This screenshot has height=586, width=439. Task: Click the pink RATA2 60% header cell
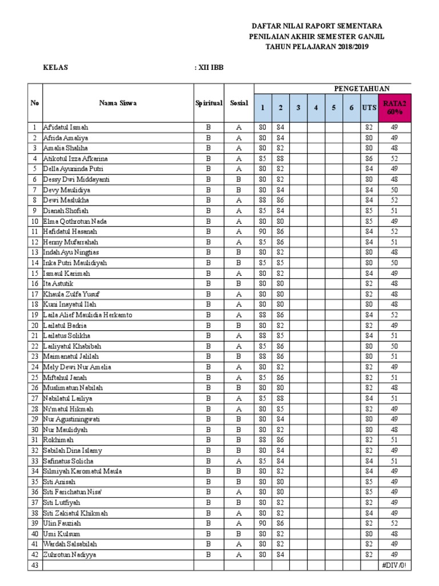tap(394, 107)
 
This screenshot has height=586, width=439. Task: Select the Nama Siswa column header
tap(117, 103)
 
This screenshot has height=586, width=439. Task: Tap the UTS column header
tap(369, 107)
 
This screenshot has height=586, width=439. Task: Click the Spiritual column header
tap(208, 103)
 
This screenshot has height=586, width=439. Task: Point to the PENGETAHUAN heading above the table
tap(361, 88)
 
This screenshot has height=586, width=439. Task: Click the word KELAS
tap(56, 68)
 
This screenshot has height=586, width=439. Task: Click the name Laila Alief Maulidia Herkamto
tap(87, 315)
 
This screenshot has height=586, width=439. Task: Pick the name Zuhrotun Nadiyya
tap(69, 555)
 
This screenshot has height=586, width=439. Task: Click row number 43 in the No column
tap(35, 565)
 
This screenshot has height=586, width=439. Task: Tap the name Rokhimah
tap(57, 440)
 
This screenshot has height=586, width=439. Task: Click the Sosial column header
tap(239, 103)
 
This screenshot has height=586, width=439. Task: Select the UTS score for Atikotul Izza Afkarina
tap(369, 159)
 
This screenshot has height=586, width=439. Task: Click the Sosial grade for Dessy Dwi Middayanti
tap(239, 180)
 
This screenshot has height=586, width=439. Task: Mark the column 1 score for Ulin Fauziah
tap(262, 524)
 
